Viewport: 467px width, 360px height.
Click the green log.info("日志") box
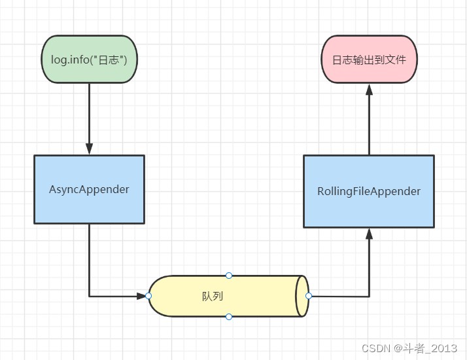click(x=90, y=60)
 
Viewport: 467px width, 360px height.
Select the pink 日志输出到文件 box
click(x=369, y=60)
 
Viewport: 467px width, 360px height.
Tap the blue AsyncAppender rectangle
click(x=90, y=189)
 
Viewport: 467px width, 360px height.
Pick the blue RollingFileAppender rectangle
click(x=369, y=191)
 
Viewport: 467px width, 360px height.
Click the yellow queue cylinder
click(x=228, y=296)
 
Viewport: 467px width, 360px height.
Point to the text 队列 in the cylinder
click(x=213, y=297)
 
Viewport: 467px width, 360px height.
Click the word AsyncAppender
click(x=89, y=190)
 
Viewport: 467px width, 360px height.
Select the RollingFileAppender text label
click(x=369, y=191)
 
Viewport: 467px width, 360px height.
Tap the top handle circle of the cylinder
click(x=229, y=276)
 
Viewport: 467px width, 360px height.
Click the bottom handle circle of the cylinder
click(x=229, y=317)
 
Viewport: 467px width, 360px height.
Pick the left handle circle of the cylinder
click(x=148, y=296)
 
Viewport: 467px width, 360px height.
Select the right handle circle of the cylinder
click(x=309, y=296)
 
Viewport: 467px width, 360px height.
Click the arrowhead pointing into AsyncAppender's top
click(x=90, y=149)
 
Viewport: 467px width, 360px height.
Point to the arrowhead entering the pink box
click(x=370, y=90)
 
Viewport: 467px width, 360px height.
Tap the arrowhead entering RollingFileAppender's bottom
click(x=370, y=234)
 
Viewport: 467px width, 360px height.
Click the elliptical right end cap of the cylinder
click(x=302, y=296)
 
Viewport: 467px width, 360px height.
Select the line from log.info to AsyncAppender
click(x=90, y=119)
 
